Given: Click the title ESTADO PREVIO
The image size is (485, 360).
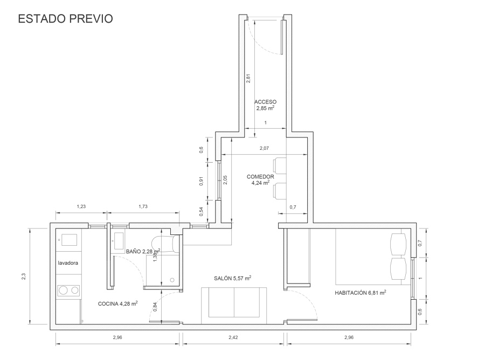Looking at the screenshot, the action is pyautogui.click(x=65, y=18).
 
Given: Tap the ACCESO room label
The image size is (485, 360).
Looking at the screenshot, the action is pyautogui.click(x=265, y=102).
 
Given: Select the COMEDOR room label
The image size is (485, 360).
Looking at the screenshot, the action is pyautogui.click(x=260, y=177).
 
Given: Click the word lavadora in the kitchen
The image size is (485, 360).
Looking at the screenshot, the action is pyautogui.click(x=68, y=263).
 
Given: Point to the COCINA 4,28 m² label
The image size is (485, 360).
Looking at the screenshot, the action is pyautogui.click(x=118, y=304).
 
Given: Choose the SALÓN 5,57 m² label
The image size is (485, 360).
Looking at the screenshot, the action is pyautogui.click(x=233, y=278).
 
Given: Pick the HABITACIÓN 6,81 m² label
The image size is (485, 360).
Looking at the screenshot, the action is pyautogui.click(x=361, y=293).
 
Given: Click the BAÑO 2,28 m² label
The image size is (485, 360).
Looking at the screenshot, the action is pyautogui.click(x=143, y=251).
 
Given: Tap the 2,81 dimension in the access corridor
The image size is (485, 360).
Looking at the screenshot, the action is pyautogui.click(x=248, y=78).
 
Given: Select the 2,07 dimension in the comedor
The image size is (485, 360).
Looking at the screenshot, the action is pyautogui.click(x=264, y=148).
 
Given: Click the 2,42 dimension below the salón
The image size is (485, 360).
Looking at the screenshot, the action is pyautogui.click(x=233, y=337).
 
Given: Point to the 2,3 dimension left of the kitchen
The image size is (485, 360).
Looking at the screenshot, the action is pyautogui.click(x=24, y=276).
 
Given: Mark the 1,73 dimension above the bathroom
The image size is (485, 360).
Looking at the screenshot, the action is pyautogui.click(x=143, y=206).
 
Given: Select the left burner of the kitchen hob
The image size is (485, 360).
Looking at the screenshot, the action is pyautogui.click(x=64, y=290).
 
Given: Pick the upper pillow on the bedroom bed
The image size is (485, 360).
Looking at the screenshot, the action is pyautogui.click(x=398, y=244).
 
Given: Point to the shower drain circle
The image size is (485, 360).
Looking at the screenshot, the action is pyautogui.click(x=172, y=280).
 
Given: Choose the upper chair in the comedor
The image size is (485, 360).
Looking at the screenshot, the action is pyautogui.click(x=280, y=166).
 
